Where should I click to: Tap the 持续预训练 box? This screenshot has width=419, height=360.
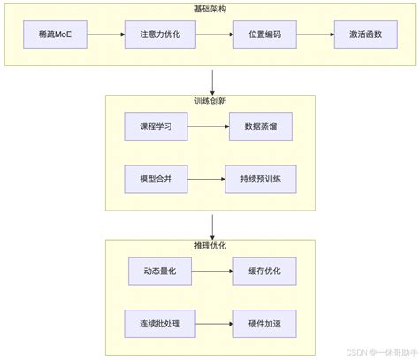tap(261, 179)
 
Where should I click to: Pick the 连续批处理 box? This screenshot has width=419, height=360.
tap(154, 323)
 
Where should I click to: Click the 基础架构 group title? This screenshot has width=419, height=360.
tap(210, 9)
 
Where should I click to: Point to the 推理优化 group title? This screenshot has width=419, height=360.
tap(210, 246)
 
